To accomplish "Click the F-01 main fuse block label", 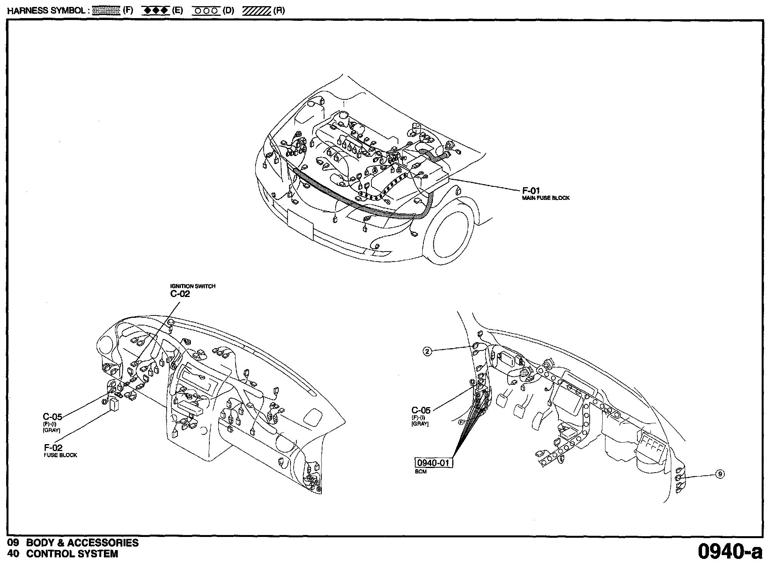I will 531,191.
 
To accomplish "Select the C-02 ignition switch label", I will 180,294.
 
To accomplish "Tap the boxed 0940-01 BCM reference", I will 433,463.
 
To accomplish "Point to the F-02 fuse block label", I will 53,448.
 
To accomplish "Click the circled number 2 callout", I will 427,351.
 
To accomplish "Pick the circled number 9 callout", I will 720,474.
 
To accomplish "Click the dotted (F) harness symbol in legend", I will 107,11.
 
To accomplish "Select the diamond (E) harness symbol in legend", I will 155,11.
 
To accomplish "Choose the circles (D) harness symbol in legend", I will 206,11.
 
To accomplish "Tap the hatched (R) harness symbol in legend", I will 257,11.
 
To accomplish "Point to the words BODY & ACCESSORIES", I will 82,543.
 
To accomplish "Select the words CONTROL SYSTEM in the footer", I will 72,554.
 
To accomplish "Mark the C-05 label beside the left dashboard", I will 52,416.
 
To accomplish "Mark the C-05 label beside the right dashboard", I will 421,410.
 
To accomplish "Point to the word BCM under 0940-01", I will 421,472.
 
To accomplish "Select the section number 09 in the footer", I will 13,543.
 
